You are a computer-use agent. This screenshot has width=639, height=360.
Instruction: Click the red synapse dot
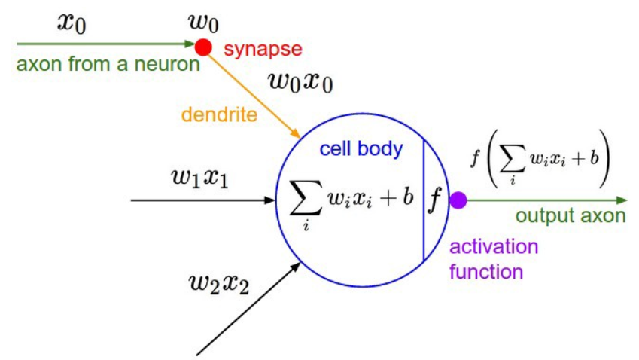203,47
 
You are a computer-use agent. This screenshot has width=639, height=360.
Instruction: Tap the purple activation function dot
458,200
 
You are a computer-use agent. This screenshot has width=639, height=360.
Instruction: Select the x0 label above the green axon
72,23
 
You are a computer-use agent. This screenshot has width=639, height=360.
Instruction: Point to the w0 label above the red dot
203,23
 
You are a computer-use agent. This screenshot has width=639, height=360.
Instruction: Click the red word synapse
263,50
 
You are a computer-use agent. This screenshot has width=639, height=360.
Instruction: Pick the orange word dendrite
219,114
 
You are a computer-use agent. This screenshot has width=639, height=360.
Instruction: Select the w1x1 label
199,178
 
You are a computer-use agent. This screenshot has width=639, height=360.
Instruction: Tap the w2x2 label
219,283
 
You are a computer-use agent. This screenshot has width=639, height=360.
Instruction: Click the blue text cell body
361,149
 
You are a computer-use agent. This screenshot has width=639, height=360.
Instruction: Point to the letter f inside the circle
434,200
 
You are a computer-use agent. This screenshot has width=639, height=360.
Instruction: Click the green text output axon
571,215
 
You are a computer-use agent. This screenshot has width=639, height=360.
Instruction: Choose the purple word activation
494,246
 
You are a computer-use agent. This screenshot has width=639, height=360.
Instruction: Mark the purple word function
486,272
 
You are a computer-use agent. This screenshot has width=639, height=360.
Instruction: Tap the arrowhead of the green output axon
623,200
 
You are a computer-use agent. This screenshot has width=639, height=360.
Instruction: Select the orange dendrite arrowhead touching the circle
296,133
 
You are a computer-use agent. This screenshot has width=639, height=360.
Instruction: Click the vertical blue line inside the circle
424,200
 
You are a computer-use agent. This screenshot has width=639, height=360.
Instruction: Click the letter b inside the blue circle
409,197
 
